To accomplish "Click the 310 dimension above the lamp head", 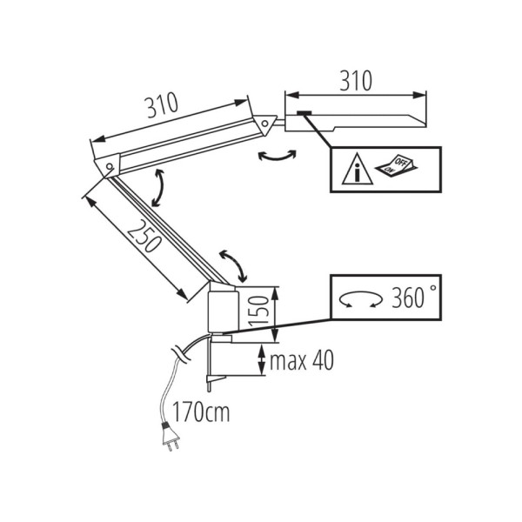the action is (356, 81).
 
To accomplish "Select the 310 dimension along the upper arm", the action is (163, 105).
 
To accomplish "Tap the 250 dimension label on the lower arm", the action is (144, 236).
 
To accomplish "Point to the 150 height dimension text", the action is (258, 310).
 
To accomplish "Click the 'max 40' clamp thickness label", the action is (302, 360).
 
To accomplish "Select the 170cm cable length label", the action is (201, 412).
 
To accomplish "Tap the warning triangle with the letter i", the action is (358, 169).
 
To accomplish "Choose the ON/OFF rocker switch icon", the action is (397, 164).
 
